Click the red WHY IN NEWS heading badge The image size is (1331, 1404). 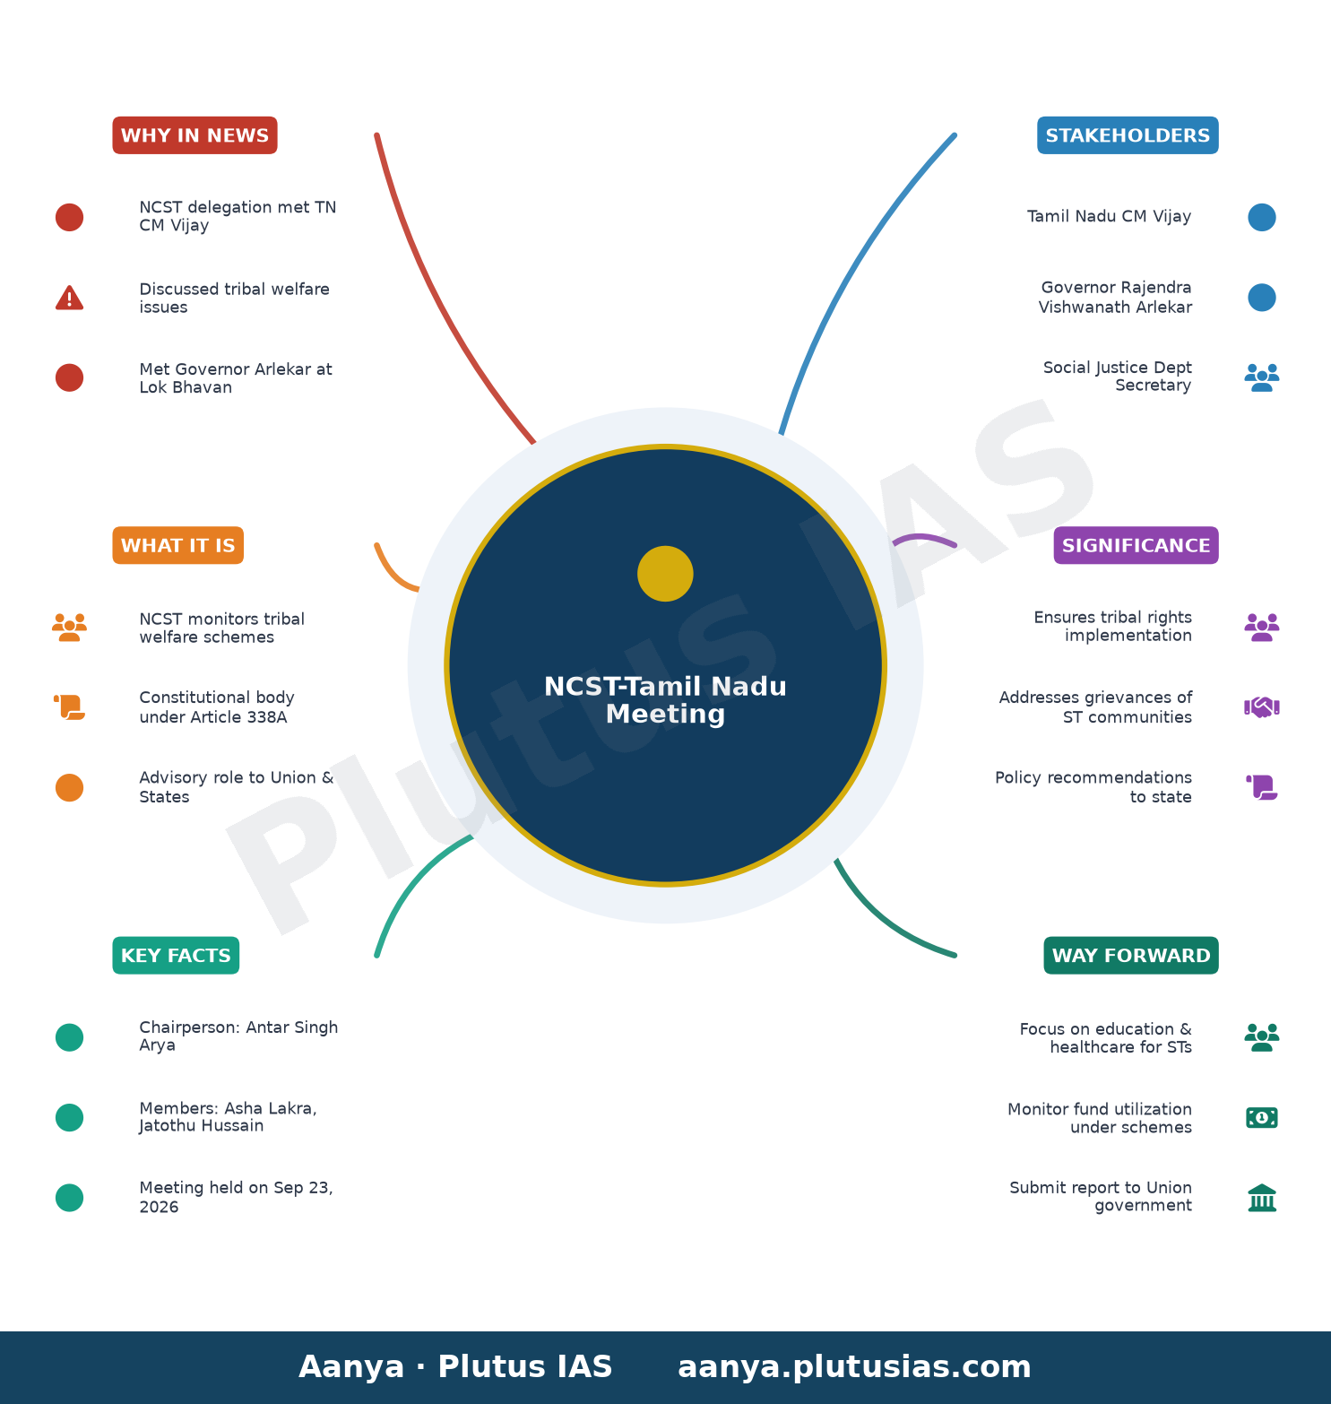coord(194,135)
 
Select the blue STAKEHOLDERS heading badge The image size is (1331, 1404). coord(1128,135)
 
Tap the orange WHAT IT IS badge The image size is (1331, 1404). coord(177,545)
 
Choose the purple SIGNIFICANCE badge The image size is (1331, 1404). coord(1136,545)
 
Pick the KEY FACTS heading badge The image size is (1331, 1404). coord(176,956)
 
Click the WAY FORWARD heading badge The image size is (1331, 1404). coord(1131,956)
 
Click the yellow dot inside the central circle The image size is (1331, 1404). coord(665,574)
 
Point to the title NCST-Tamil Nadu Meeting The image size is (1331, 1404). coord(665,700)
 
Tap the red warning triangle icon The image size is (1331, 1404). coord(69,298)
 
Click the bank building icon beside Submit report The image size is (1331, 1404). coord(1262,1198)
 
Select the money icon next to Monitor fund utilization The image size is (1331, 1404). coord(1262,1118)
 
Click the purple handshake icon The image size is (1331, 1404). coord(1262,707)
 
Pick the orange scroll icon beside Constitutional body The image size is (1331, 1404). coord(69,707)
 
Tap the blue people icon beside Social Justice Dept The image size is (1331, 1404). coord(1262,377)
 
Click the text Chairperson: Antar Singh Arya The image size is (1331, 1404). coord(238,1036)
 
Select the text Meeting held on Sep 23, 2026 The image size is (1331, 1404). coord(236,1197)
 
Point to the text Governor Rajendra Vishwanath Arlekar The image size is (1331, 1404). coord(1115,297)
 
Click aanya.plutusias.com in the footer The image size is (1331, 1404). coord(854,1366)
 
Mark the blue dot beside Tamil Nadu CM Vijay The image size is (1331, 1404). coord(1262,217)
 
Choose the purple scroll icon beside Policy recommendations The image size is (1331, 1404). coord(1262,787)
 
